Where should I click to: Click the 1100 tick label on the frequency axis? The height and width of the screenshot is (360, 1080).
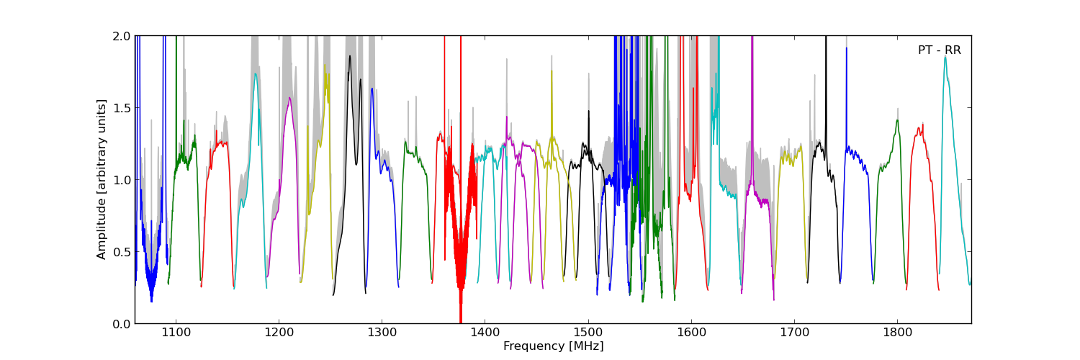click(x=176, y=333)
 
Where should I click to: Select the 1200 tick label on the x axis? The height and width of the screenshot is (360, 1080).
click(x=279, y=333)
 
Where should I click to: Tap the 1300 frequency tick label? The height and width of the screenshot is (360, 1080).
click(x=382, y=333)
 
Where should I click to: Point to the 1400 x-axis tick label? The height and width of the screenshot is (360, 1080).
click(x=485, y=333)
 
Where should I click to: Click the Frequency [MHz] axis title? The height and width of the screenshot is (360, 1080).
click(x=553, y=346)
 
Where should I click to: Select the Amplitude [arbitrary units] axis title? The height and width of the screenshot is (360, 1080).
click(x=102, y=179)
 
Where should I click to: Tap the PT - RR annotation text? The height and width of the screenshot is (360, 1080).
click(x=939, y=50)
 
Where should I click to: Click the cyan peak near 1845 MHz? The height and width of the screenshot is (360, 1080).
click(x=945, y=57)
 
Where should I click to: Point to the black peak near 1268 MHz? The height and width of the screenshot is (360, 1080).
click(x=350, y=55)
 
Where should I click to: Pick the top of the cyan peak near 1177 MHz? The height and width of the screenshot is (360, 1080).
click(x=255, y=73)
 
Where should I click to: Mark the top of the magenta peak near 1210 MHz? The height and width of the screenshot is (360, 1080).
click(x=289, y=98)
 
